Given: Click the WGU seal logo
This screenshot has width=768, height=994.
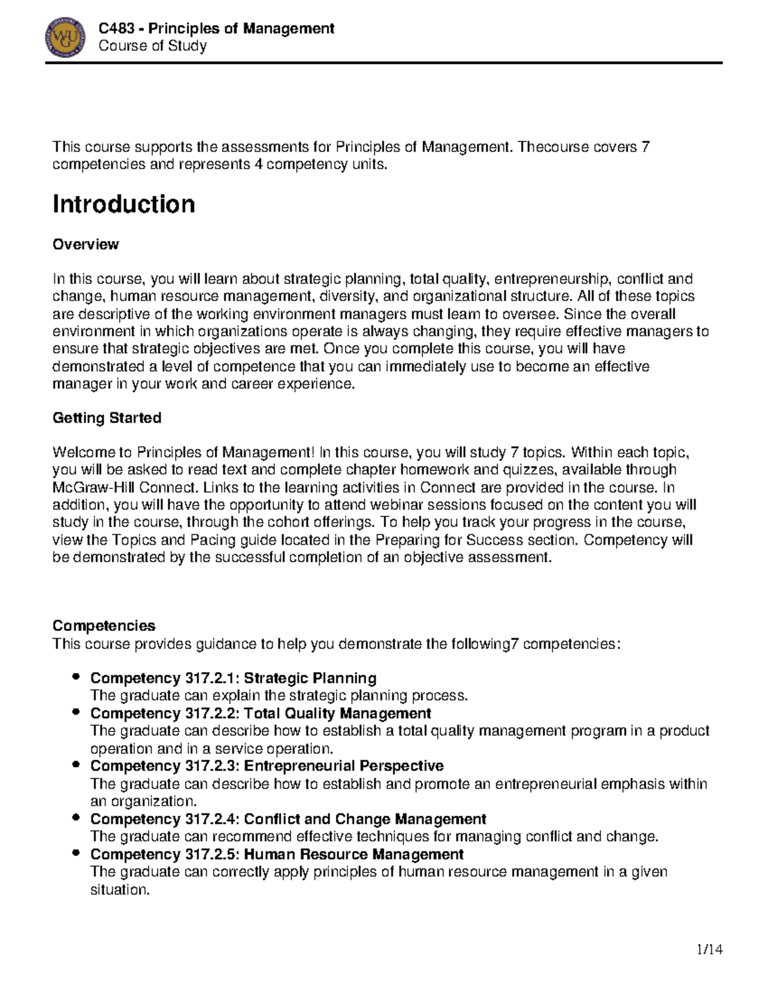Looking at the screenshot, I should click(65, 38).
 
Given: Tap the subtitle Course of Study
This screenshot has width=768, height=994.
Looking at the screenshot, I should click(152, 46).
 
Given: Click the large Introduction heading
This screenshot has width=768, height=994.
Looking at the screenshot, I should click(124, 204).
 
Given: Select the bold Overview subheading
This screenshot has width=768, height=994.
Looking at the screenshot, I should click(85, 244).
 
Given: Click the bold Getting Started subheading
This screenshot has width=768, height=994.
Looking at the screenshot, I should click(106, 418).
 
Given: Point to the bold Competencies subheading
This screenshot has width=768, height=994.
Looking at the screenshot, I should click(104, 625).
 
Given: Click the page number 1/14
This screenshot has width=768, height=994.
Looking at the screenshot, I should click(709, 949).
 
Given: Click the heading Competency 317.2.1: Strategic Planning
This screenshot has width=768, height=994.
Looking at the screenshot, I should click(233, 678).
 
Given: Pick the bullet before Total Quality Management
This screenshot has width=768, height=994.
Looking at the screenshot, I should click(76, 712).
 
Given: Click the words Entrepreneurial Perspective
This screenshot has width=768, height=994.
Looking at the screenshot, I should click(344, 766).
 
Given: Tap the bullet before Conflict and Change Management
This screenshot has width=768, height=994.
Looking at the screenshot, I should click(76, 818).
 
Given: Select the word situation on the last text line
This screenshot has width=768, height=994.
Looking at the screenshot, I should click(120, 890).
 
